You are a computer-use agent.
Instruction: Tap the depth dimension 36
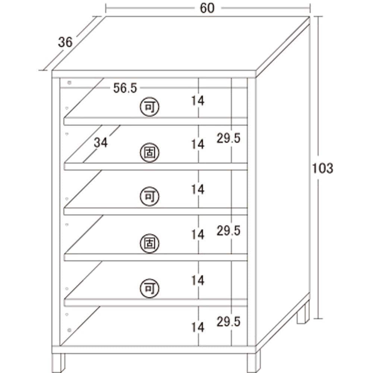65,42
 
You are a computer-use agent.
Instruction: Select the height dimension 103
322,169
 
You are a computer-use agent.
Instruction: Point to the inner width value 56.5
125,88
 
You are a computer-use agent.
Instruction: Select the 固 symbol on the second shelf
150,153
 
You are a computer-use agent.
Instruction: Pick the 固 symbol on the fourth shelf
150,244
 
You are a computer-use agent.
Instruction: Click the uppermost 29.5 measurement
228,138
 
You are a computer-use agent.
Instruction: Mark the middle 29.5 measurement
228,231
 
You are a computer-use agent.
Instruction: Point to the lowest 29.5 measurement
228,321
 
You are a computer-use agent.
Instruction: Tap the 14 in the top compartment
198,100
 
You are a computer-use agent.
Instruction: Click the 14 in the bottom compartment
198,327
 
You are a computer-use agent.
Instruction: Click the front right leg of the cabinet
254,361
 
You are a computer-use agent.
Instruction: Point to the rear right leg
303,313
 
